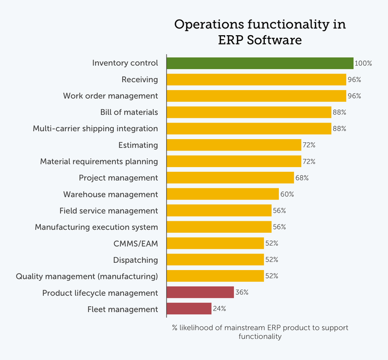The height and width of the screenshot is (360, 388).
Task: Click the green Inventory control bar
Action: coord(260,63)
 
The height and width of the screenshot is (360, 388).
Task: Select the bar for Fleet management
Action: coord(189,309)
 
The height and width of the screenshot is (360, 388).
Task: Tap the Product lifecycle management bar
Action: coord(200,293)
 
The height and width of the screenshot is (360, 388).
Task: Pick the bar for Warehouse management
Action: coord(222,194)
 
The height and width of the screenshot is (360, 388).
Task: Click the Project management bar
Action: coord(230,178)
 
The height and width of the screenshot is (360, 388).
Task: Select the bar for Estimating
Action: coord(234,145)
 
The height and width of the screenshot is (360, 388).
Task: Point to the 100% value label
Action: coord(363,64)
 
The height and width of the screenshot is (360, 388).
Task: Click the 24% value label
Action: coord(219,309)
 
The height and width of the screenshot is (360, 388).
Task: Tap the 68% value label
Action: coord(302,178)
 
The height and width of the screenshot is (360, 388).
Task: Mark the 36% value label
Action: coord(242,293)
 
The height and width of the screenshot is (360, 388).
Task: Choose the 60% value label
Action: coord(287,194)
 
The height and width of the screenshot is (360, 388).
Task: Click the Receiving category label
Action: coord(140,80)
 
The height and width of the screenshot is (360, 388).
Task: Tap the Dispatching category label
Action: coord(136,260)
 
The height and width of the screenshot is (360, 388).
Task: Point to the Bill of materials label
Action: coord(129,112)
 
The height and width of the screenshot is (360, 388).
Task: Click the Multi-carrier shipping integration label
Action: coord(95,129)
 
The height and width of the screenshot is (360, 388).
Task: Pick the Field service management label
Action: coord(109,211)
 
